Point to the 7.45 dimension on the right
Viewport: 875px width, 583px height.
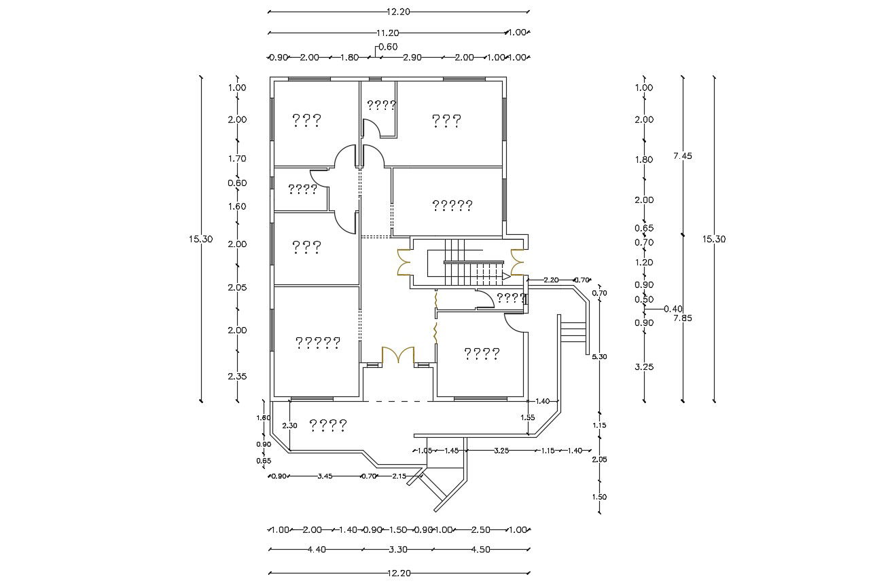682,156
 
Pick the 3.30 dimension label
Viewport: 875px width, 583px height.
399,550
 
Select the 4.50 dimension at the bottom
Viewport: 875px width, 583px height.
480,550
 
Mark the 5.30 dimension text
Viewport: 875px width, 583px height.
599,356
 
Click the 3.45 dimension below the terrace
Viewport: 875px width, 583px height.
325,476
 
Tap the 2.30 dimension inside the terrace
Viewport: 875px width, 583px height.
290,426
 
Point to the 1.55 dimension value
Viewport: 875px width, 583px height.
527,417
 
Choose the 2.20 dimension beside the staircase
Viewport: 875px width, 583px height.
551,280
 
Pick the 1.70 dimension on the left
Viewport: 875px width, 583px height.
236,159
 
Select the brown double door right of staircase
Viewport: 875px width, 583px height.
517,263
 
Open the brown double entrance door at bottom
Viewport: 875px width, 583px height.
398,356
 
